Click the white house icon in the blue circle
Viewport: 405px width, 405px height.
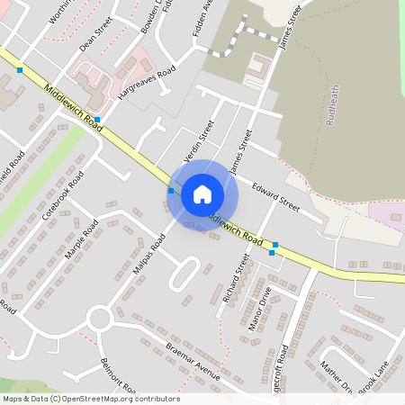[x=202, y=194]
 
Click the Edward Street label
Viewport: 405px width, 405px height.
[x=274, y=195]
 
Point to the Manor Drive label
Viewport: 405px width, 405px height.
[x=259, y=310]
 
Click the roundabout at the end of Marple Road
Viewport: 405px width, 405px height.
[x=99, y=317]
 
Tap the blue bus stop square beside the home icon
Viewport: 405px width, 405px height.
[x=171, y=191]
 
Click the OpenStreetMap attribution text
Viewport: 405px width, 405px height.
[x=90, y=399]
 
